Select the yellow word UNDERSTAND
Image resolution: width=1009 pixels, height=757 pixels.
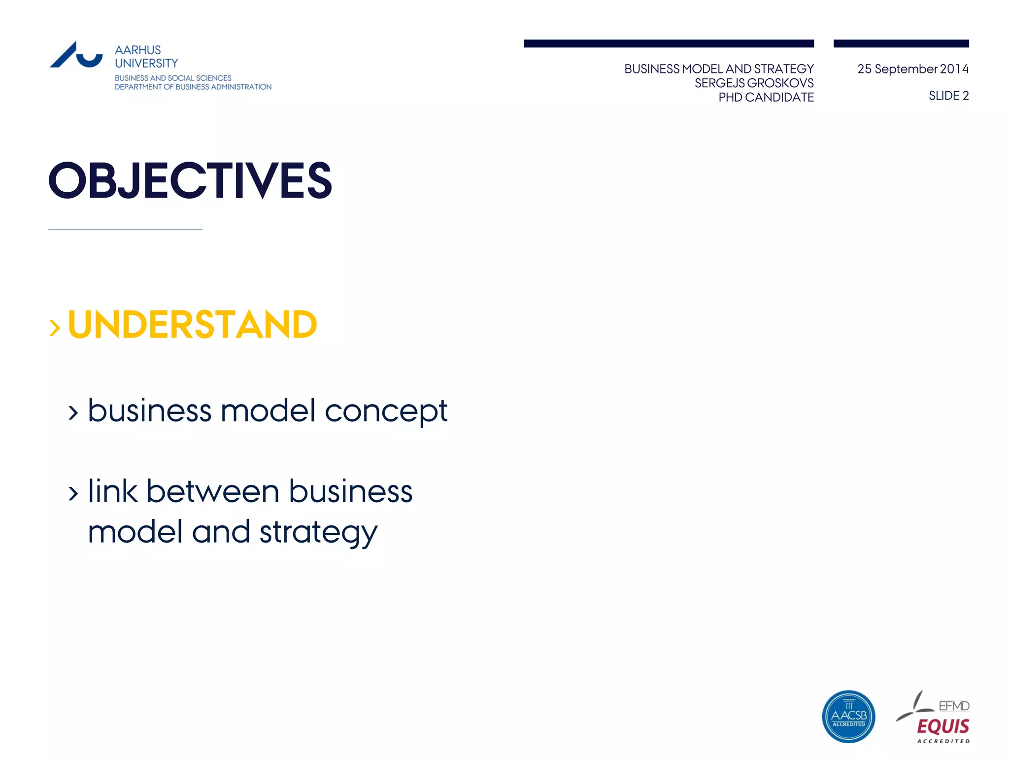point(192,325)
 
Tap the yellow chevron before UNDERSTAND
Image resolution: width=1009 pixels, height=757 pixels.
point(55,328)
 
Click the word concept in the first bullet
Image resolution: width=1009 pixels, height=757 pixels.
point(386,412)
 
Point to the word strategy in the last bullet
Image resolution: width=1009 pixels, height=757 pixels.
point(318,533)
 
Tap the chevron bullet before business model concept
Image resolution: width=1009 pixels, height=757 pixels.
point(73,413)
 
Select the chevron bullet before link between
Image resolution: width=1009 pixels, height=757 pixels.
point(73,493)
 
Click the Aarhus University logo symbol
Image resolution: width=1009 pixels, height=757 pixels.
point(76,55)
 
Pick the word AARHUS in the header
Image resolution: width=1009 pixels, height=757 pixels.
point(138,50)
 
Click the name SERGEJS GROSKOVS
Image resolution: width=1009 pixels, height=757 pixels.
point(754,83)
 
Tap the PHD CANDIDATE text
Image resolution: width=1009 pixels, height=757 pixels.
point(766,98)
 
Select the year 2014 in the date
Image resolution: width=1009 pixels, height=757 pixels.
point(954,69)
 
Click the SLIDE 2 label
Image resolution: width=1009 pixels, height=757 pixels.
point(948,96)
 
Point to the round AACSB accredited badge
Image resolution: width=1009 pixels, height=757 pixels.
point(848,716)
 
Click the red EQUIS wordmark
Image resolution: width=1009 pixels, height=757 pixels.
point(943,726)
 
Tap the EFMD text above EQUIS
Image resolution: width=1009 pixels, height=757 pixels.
point(954,706)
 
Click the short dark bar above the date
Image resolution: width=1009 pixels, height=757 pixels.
point(901,44)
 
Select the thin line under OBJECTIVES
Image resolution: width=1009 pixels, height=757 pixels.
point(125,230)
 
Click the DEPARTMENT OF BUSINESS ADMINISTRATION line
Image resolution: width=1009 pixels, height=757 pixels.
point(193,87)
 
